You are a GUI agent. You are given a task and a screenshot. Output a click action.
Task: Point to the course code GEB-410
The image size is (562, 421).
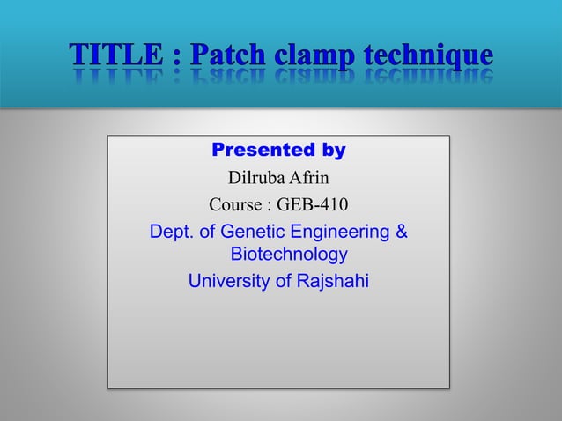point(313,206)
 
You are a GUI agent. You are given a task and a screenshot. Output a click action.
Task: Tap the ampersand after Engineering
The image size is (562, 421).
point(401,233)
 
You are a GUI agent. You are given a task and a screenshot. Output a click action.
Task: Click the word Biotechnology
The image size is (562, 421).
point(288,255)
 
